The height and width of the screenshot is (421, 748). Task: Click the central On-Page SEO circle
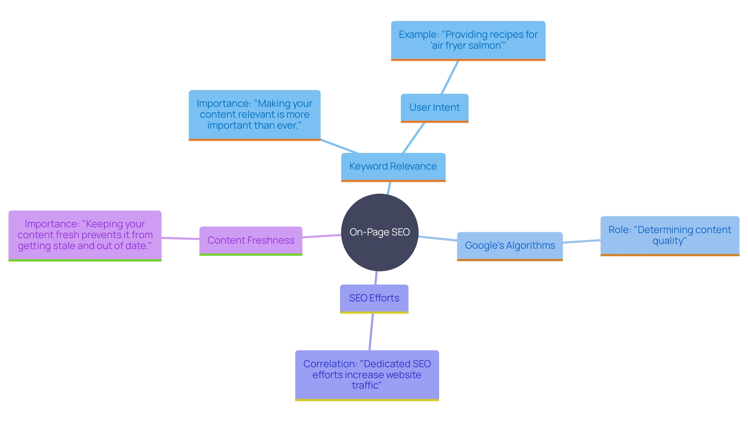(379, 232)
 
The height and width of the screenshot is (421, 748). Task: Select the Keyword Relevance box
(393, 166)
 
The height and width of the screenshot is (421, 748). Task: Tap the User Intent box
(434, 108)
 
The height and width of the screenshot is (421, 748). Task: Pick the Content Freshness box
(251, 241)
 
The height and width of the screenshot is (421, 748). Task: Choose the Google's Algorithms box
(510, 246)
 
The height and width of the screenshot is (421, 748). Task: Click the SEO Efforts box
(374, 298)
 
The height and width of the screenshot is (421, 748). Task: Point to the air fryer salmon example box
(468, 40)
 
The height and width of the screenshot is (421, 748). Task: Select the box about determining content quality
(669, 235)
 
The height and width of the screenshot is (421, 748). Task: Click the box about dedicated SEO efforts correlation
(367, 375)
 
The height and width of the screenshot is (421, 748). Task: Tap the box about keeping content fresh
(85, 235)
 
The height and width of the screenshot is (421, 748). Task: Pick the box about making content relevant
(254, 115)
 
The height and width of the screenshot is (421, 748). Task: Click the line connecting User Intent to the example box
(450, 77)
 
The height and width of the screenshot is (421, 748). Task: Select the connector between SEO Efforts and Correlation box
(371, 332)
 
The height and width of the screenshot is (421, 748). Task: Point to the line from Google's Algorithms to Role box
(582, 241)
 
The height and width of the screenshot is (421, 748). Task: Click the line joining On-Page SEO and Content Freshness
(322, 236)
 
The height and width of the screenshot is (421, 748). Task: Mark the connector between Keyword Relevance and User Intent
(413, 138)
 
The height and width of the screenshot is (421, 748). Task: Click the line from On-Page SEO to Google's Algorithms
(438, 238)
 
